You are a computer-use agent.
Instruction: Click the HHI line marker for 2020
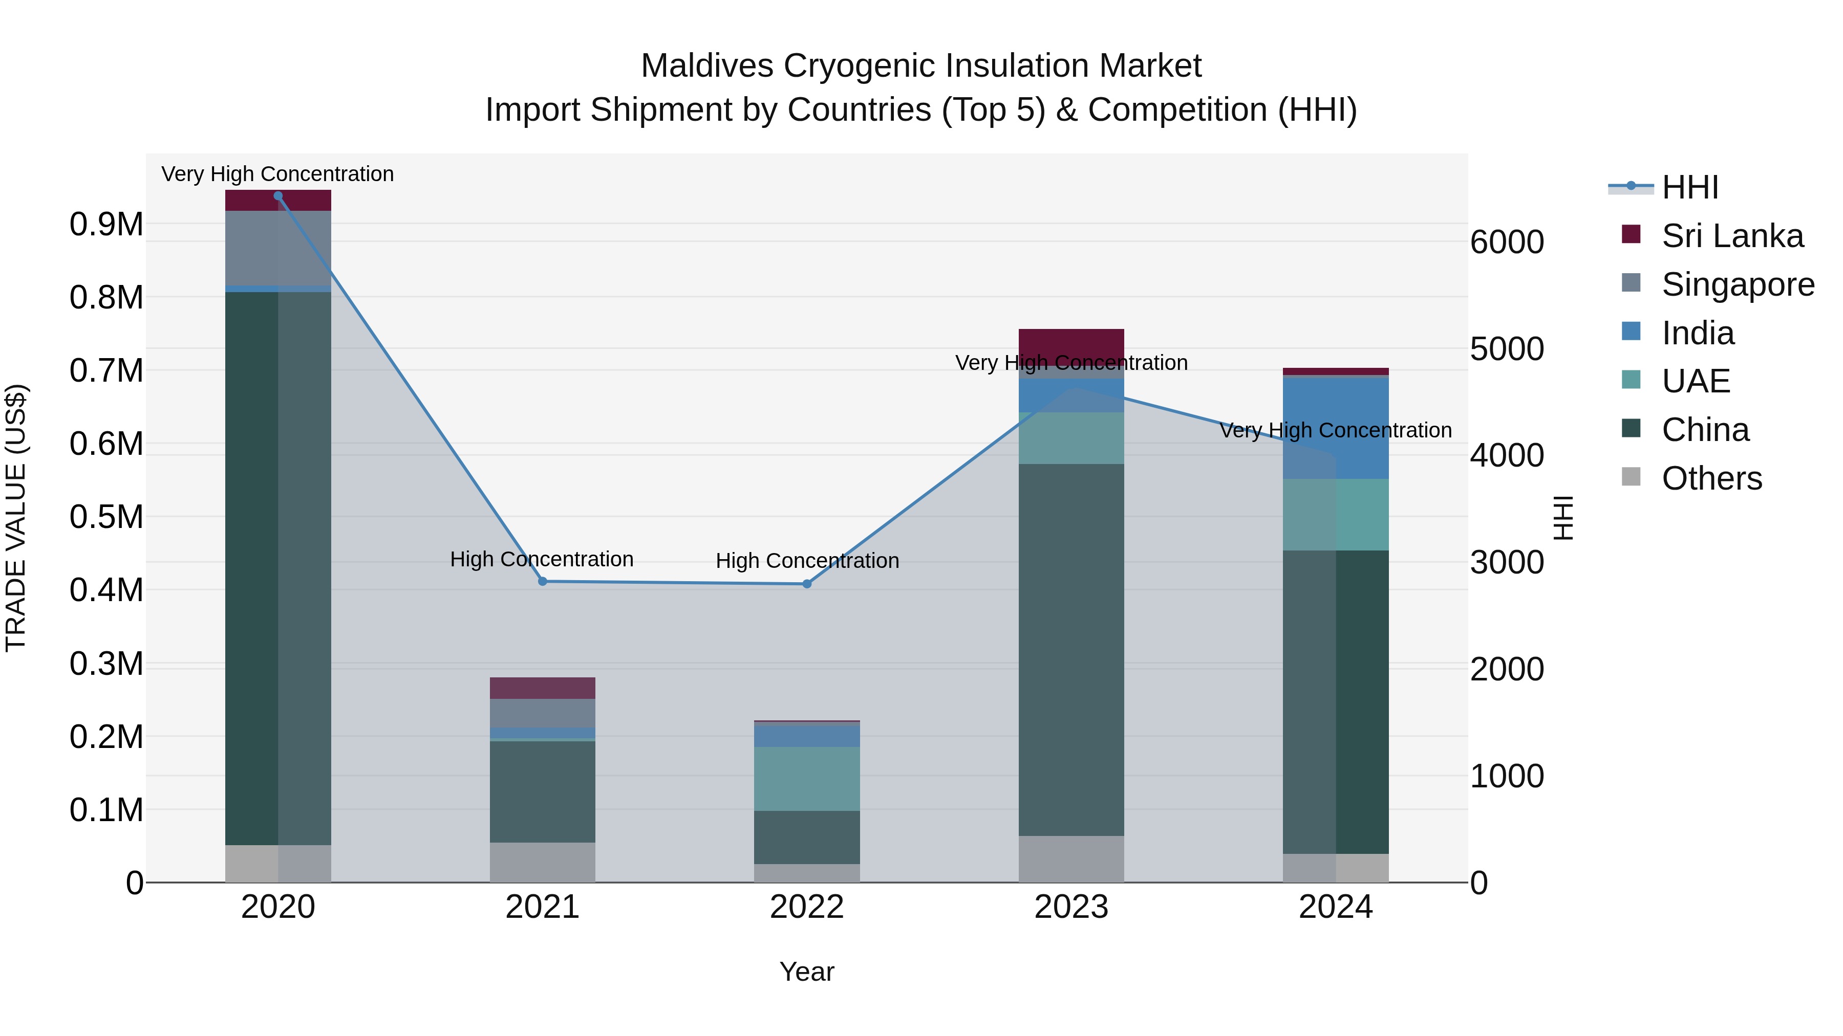coord(278,196)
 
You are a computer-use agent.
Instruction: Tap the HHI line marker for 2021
coord(542,581)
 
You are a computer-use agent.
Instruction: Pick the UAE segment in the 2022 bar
coord(807,779)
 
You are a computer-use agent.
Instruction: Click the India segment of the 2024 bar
coord(1336,429)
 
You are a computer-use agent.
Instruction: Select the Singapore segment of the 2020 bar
coord(278,248)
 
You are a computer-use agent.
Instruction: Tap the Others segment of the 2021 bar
coord(542,862)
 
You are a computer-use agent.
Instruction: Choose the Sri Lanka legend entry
coord(1732,236)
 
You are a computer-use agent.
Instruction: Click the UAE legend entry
coord(1696,381)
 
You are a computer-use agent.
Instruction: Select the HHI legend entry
coord(1690,187)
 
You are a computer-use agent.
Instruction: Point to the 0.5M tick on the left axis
coord(106,517)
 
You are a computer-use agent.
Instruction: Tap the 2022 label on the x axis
coord(807,907)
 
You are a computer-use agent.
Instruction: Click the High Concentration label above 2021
coord(542,559)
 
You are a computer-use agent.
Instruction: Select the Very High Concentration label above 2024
coord(1335,430)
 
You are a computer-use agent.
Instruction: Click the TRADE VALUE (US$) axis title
coord(16,518)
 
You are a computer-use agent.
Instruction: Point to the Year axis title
coord(806,972)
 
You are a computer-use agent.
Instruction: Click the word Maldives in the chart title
coord(707,66)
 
